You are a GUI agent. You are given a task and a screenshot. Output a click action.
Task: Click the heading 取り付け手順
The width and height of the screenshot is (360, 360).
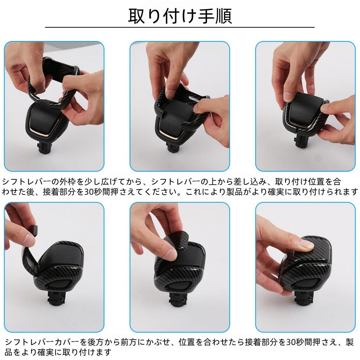click(180, 16)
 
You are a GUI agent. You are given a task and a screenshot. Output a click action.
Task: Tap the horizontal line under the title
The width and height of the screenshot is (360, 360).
click(180, 27)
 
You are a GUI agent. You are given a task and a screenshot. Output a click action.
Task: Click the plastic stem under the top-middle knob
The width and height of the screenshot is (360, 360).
click(171, 147)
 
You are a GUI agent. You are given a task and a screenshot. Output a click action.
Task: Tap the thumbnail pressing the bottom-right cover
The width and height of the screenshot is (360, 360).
click(308, 245)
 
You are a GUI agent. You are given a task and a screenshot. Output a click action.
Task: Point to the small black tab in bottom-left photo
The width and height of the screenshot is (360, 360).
click(34, 230)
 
